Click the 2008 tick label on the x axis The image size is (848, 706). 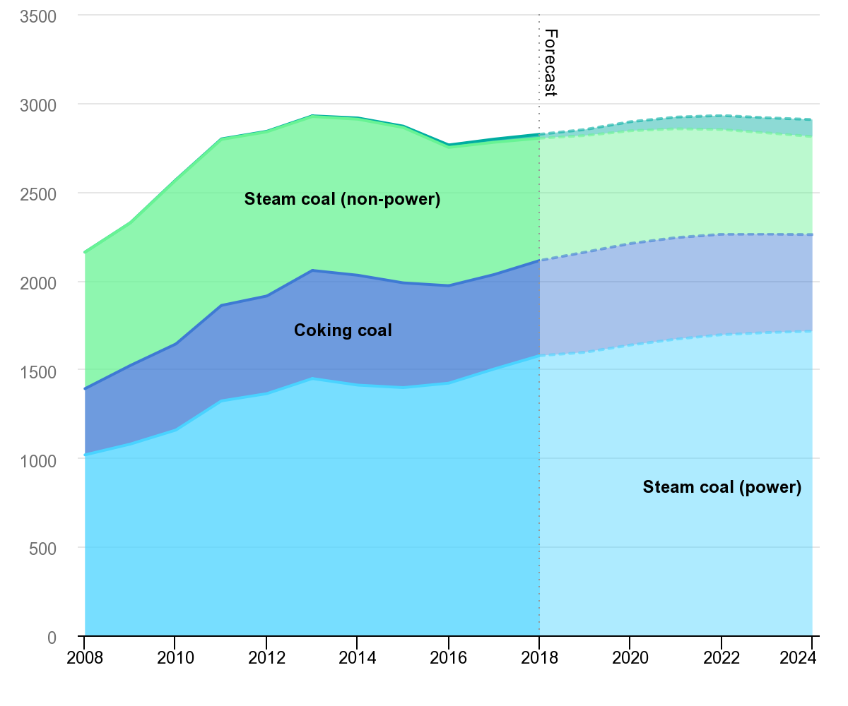pos(84,658)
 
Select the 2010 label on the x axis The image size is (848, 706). pos(175,658)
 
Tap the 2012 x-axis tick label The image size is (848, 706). pos(266,658)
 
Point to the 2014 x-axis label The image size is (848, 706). pos(358,658)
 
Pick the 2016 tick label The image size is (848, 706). pos(449,658)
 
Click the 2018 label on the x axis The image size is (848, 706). pos(539,658)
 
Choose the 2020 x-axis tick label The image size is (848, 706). pos(630,658)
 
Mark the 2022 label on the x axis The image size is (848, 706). pos(722,658)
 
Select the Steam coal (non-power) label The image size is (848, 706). pos(342,200)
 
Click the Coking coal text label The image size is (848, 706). pos(343,330)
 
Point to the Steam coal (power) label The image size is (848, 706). pos(722,488)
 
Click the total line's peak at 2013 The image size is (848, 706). pos(312,115)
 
